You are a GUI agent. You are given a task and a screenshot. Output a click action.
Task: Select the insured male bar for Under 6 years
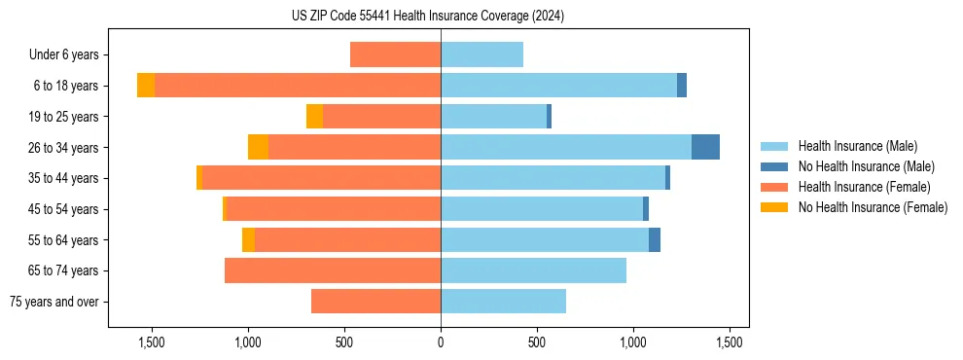pyautogui.click(x=481, y=54)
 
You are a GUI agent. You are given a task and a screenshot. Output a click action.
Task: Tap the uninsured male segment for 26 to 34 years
pyautogui.click(x=705, y=147)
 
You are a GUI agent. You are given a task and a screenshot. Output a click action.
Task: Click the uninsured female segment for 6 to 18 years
pyautogui.click(x=146, y=86)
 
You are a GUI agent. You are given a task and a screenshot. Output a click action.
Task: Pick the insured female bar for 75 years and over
pyautogui.click(x=375, y=302)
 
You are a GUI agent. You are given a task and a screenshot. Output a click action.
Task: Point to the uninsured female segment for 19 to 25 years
pyautogui.click(x=314, y=117)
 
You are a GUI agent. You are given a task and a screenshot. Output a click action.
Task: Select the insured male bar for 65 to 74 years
pyautogui.click(x=533, y=270)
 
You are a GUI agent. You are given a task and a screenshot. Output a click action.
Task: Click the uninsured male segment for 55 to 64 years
pyautogui.click(x=655, y=239)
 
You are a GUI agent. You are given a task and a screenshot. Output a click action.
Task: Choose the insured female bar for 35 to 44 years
pyautogui.click(x=321, y=178)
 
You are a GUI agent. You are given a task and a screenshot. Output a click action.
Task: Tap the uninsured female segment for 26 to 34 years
pyautogui.click(x=258, y=147)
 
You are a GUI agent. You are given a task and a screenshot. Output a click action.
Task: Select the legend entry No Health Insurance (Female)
pyautogui.click(x=873, y=207)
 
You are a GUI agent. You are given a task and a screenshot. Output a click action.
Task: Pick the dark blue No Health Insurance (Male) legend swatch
pyautogui.click(x=774, y=166)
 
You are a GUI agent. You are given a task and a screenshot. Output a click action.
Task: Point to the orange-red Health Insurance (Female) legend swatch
pyautogui.click(x=774, y=187)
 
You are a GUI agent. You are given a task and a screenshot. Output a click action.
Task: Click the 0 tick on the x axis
pyautogui.click(x=441, y=342)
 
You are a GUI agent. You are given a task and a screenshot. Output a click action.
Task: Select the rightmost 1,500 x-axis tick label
pyautogui.click(x=730, y=342)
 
